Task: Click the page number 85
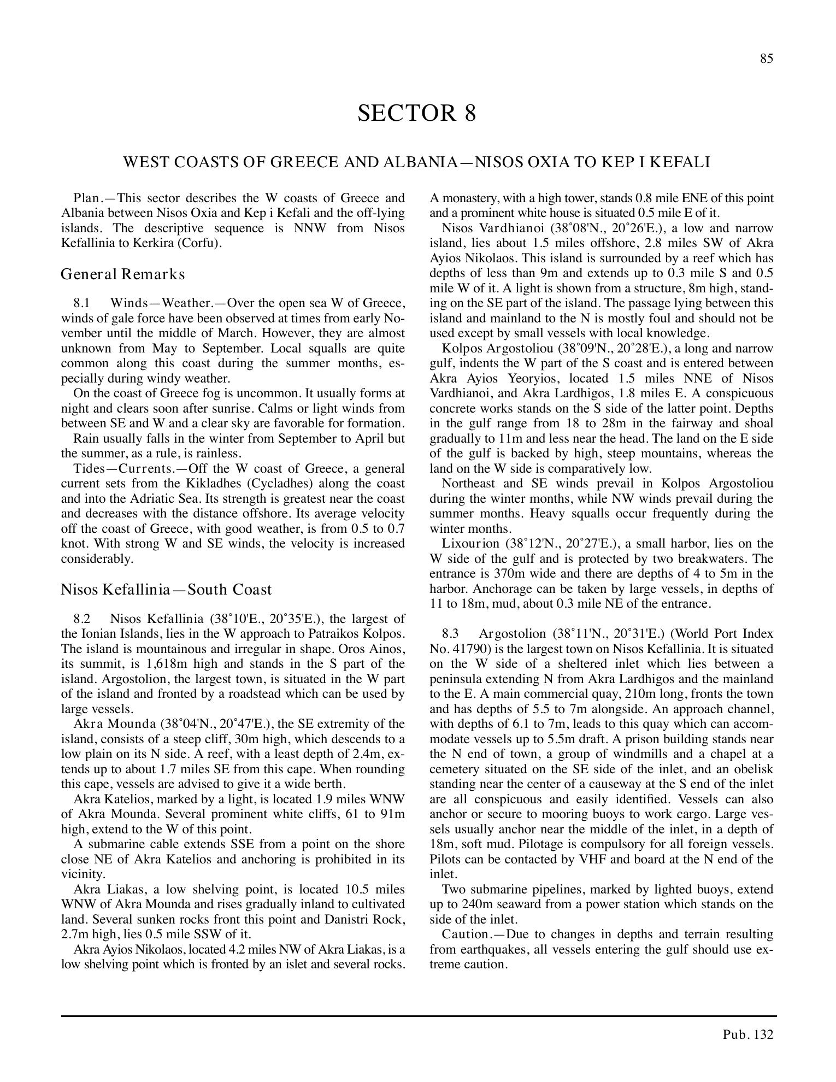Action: (767, 59)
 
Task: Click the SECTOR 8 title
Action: (416, 113)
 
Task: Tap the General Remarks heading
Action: (123, 274)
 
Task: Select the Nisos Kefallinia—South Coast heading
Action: (166, 590)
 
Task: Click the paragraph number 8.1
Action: (81, 303)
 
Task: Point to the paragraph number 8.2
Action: (81, 619)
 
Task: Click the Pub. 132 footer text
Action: (748, 1034)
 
